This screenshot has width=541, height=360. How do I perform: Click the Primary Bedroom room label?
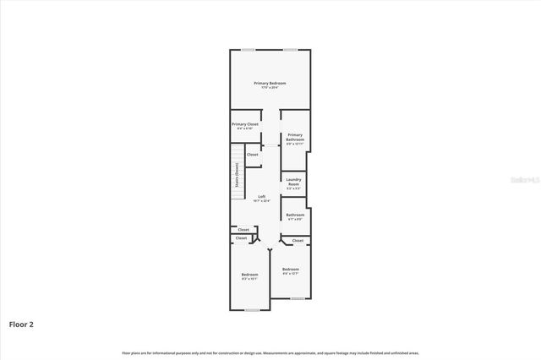(270, 83)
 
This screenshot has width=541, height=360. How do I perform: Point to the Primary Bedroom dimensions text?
(270, 88)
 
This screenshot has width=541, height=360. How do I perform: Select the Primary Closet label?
(245, 124)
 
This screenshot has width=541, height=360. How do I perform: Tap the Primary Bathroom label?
(295, 137)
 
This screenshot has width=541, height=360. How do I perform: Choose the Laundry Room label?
(294, 181)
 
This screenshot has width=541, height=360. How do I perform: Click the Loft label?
(262, 196)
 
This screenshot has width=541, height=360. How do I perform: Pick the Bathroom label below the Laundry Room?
(295, 215)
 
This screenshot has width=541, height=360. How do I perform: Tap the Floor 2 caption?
(21, 324)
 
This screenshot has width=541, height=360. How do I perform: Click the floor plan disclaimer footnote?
(270, 352)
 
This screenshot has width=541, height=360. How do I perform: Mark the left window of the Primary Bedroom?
(249, 50)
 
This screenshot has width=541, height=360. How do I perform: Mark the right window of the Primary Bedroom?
(290, 50)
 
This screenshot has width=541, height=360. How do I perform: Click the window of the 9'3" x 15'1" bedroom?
(252, 310)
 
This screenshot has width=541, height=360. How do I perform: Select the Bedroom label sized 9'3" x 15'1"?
(249, 275)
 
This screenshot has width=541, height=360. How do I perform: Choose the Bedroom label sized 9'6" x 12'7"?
(291, 269)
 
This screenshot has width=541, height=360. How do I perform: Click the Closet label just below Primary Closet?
(252, 155)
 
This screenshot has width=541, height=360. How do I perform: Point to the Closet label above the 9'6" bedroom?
(298, 241)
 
